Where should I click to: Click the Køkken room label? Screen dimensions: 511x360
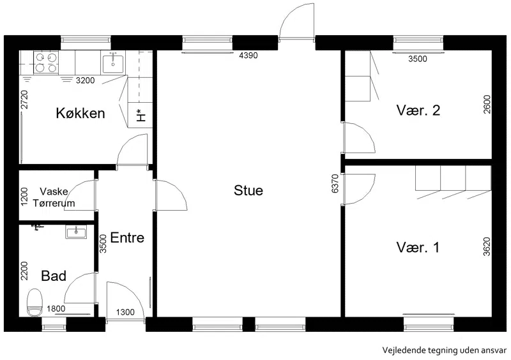(80, 114)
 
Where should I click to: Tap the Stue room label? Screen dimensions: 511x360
(248, 190)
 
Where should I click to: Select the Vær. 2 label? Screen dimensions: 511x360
(418, 110)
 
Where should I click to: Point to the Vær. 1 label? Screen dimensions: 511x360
(418, 247)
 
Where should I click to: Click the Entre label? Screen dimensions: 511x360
(127, 237)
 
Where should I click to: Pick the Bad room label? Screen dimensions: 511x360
(54, 276)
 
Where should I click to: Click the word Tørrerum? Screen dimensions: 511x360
(54, 203)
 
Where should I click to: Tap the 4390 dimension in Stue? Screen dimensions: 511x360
(248, 56)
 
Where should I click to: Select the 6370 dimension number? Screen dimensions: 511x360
(335, 184)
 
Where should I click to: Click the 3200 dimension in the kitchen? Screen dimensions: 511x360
(86, 80)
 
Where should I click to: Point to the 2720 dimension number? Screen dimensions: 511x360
(24, 100)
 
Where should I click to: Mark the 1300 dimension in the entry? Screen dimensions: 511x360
(125, 312)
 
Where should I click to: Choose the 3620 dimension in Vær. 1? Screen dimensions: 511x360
(487, 246)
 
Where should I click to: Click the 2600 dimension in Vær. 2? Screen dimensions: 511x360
(487, 104)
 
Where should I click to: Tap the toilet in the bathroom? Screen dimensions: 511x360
(34, 303)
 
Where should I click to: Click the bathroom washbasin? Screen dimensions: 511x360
(76, 232)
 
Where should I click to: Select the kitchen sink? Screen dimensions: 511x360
(113, 63)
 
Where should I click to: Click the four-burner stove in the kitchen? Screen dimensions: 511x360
(46, 63)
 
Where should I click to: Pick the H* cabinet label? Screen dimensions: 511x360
(141, 116)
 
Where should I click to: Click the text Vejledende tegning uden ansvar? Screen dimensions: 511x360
(444, 350)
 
